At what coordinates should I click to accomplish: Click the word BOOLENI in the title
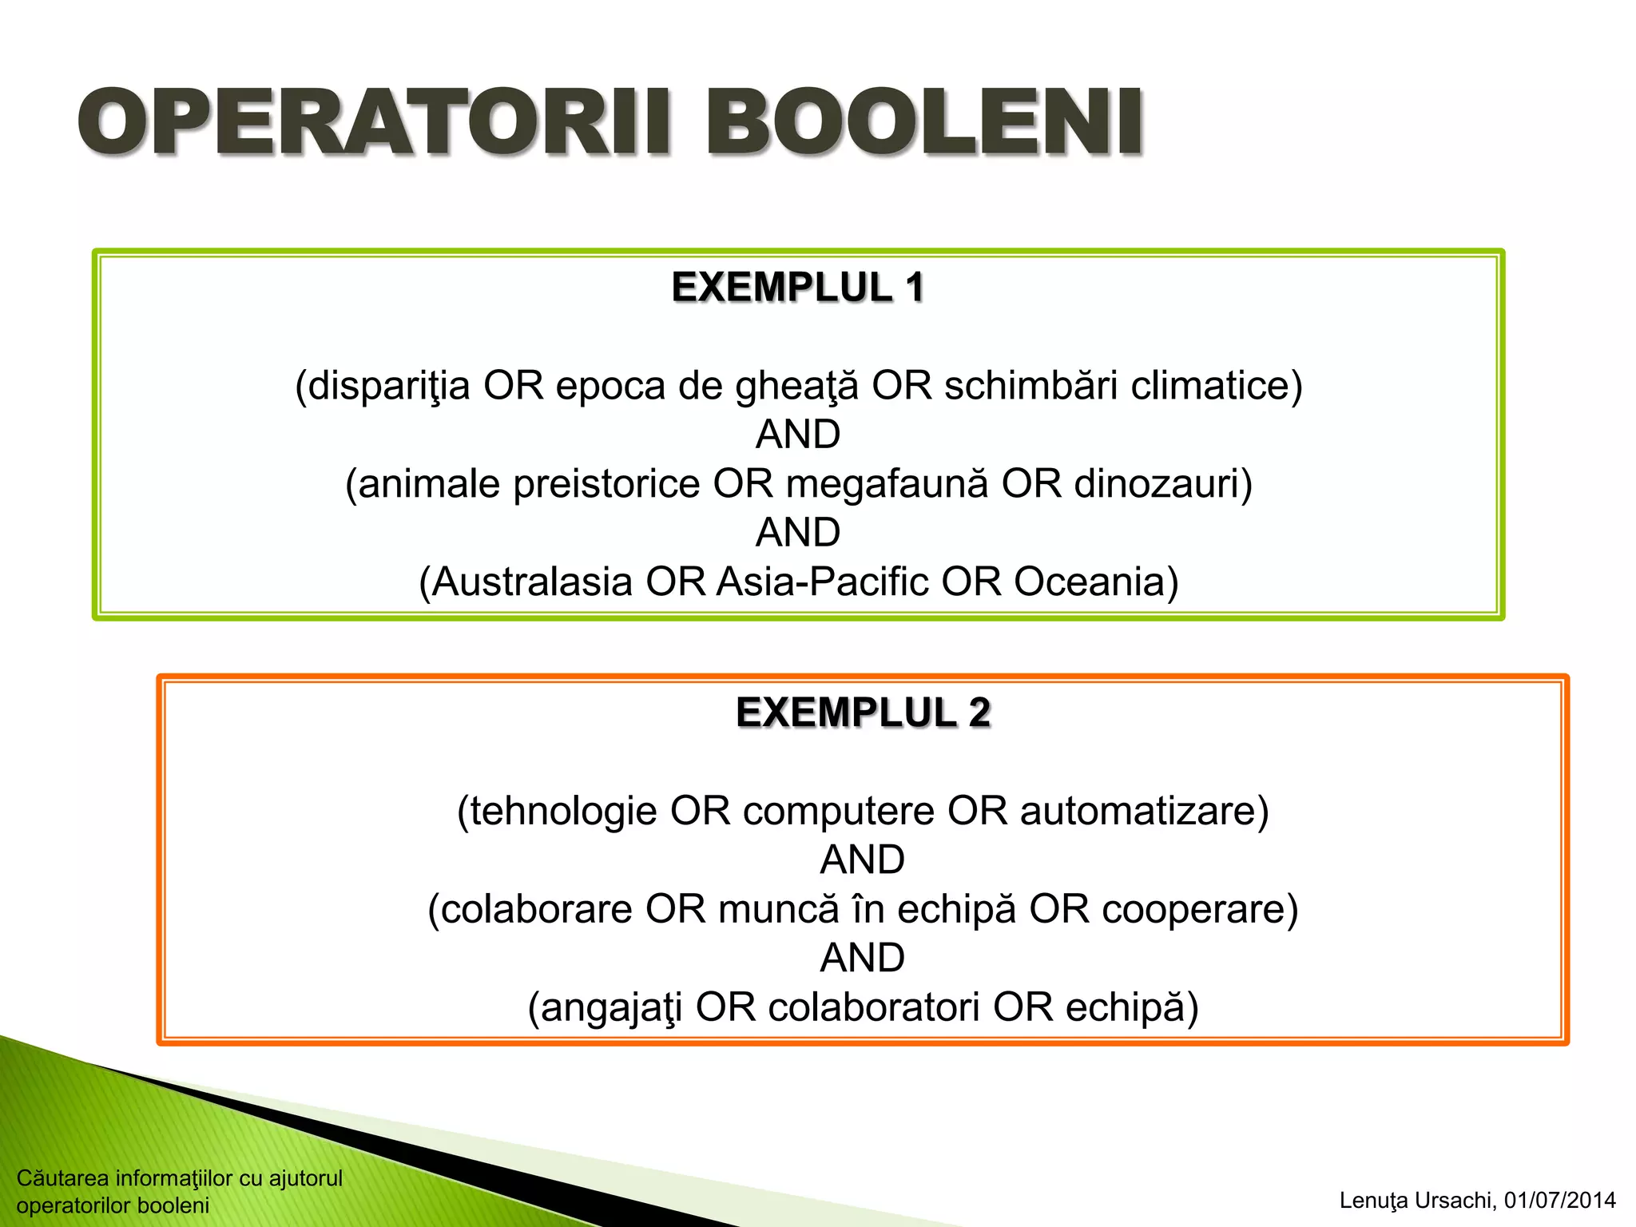924,124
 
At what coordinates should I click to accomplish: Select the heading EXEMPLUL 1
797,288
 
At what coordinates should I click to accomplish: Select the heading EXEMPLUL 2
863,713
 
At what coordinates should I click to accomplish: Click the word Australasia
533,582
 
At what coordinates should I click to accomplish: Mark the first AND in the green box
797,435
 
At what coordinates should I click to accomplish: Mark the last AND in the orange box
863,958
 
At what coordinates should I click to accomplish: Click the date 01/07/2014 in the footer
1559,1201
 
